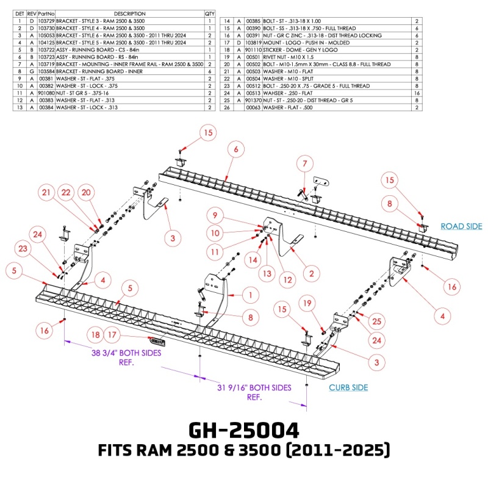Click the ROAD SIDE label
[x=461, y=226]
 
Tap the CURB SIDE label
[x=348, y=387]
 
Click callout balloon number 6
[x=235, y=148]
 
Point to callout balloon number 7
[x=304, y=163]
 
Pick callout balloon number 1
[x=249, y=295]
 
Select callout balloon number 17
[x=112, y=335]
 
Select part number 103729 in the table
[x=46, y=21]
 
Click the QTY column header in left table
[x=210, y=13]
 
